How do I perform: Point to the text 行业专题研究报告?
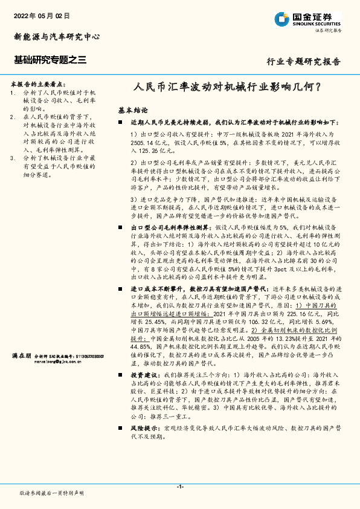click(304, 62)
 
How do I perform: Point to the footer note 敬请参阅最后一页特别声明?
click(51, 493)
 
